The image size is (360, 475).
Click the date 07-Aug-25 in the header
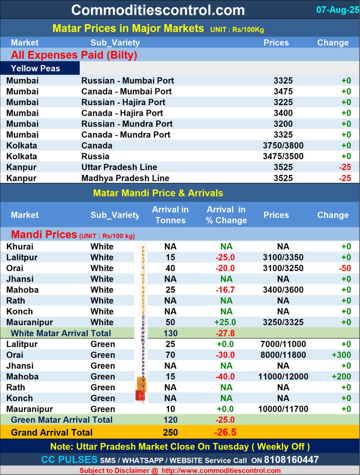tap(337, 10)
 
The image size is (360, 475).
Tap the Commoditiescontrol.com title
tap(158, 10)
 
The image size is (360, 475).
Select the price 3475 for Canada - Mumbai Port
tap(283, 91)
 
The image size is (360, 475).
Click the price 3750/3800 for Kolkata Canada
tap(283, 146)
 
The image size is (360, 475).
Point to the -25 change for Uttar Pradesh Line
tap(345, 167)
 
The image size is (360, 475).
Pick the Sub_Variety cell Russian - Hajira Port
tap(123, 102)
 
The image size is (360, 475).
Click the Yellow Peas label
tap(35, 68)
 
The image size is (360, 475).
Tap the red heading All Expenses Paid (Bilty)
tap(74, 55)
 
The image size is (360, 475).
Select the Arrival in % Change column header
tap(226, 215)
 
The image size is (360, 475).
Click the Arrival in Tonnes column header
tap(170, 215)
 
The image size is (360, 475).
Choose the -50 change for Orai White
tap(345, 268)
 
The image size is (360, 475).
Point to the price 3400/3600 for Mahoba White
tap(283, 290)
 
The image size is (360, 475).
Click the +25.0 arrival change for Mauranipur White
tap(225, 322)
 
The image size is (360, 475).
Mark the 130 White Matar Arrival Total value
tap(170, 333)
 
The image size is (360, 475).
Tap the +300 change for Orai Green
tap(341, 355)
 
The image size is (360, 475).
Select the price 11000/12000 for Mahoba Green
tap(283, 377)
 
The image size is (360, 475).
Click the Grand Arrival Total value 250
tap(170, 432)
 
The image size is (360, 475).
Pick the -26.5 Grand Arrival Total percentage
tap(225, 432)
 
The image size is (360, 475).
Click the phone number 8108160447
tap(291, 460)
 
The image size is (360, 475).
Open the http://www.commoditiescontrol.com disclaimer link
tap(221, 470)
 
